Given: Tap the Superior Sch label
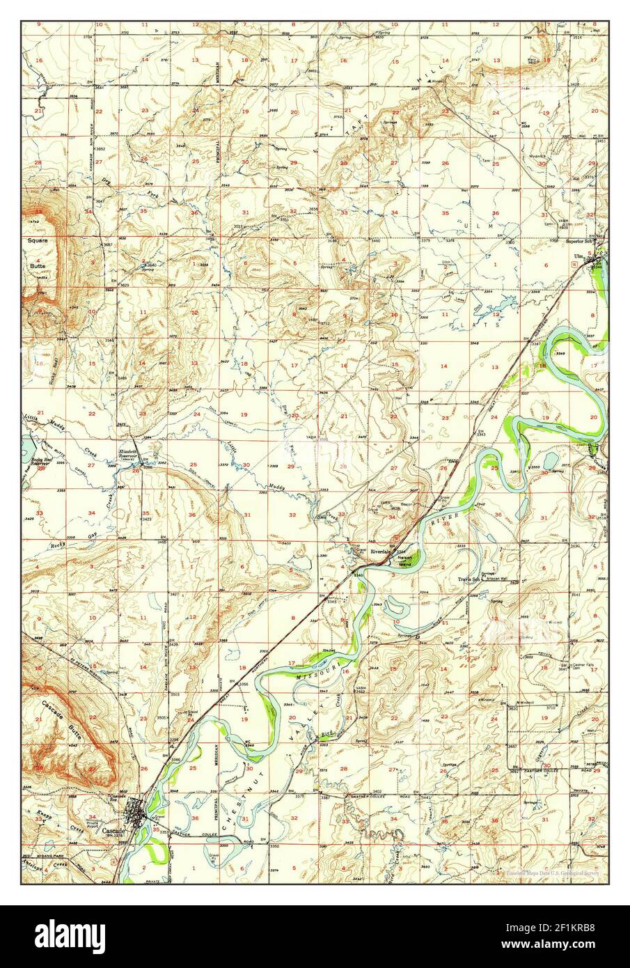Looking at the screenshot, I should click(x=581, y=242).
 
